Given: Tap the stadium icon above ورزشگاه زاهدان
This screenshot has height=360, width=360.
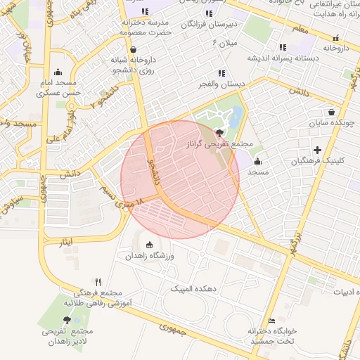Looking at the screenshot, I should point(149,245).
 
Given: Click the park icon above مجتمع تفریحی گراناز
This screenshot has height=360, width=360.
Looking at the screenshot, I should point(220,132).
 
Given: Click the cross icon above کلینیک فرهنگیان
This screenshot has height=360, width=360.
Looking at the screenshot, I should point(318,150).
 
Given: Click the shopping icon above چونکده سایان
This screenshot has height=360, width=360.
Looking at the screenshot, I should point(331,112).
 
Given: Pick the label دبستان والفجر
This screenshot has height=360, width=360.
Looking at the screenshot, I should point(222,84).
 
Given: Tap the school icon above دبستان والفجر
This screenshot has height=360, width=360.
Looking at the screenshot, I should point(222,73).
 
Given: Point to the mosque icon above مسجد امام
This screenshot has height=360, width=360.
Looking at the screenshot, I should point(58,71).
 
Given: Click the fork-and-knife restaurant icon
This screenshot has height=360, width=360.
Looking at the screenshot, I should point(98,281).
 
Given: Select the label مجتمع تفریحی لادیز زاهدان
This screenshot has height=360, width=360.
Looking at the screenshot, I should point(67,336).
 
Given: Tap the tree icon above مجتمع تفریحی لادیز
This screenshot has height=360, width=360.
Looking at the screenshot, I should point(67,320).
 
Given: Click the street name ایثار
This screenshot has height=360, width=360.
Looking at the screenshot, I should point(65,242).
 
